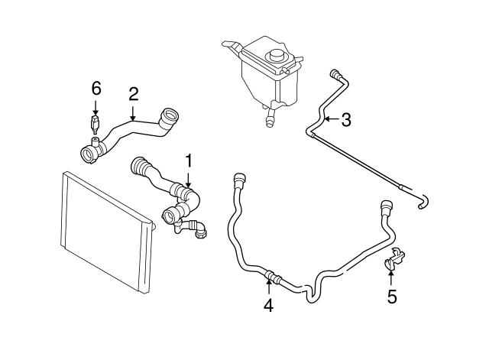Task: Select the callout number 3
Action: click(346, 119)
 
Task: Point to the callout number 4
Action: click(268, 306)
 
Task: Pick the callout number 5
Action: click(392, 297)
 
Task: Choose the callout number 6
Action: click(96, 88)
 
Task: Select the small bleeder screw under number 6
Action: click(95, 123)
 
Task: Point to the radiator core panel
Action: click(103, 229)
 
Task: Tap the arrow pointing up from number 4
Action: click(268, 287)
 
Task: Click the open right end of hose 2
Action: click(169, 117)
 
